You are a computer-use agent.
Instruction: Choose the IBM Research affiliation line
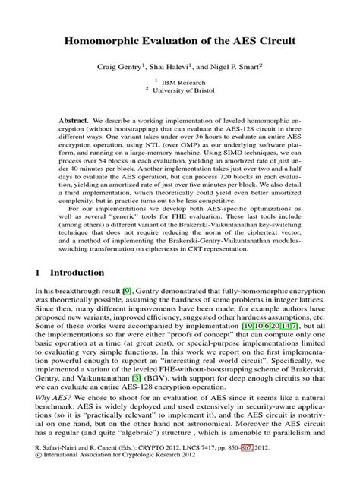[183, 82]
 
